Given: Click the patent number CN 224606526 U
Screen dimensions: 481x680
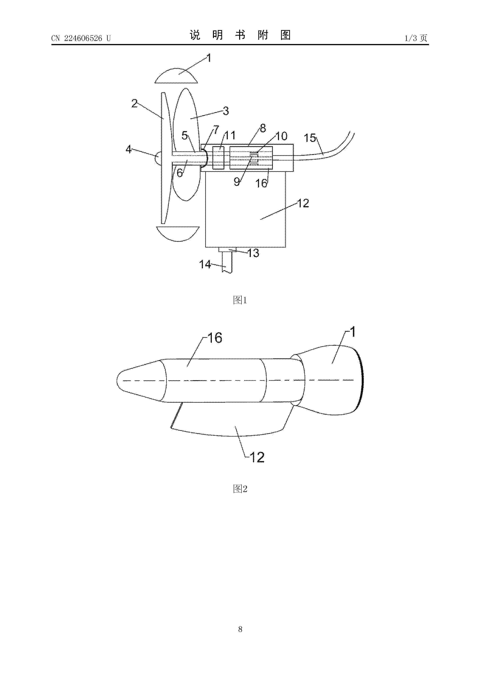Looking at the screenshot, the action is coord(81,38).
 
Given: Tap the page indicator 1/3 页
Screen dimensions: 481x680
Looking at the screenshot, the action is coord(416,38).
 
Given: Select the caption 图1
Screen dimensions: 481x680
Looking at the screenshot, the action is coord(240,300).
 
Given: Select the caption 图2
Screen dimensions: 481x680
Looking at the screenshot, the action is coord(240,489).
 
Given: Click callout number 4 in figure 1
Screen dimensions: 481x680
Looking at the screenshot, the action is coord(128,149).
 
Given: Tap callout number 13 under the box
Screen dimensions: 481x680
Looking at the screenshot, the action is coord(253,253).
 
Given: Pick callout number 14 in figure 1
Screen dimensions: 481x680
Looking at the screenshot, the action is coord(205,264).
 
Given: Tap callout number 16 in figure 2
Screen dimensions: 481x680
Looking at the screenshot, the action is coord(215,338).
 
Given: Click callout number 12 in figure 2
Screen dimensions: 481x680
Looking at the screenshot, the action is coord(257,458).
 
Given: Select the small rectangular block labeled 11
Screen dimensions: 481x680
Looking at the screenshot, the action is coord(218,158).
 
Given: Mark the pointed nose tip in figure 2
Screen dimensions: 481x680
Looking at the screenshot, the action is coord(117,381).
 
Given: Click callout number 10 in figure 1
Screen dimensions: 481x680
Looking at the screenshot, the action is coord(282,136).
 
